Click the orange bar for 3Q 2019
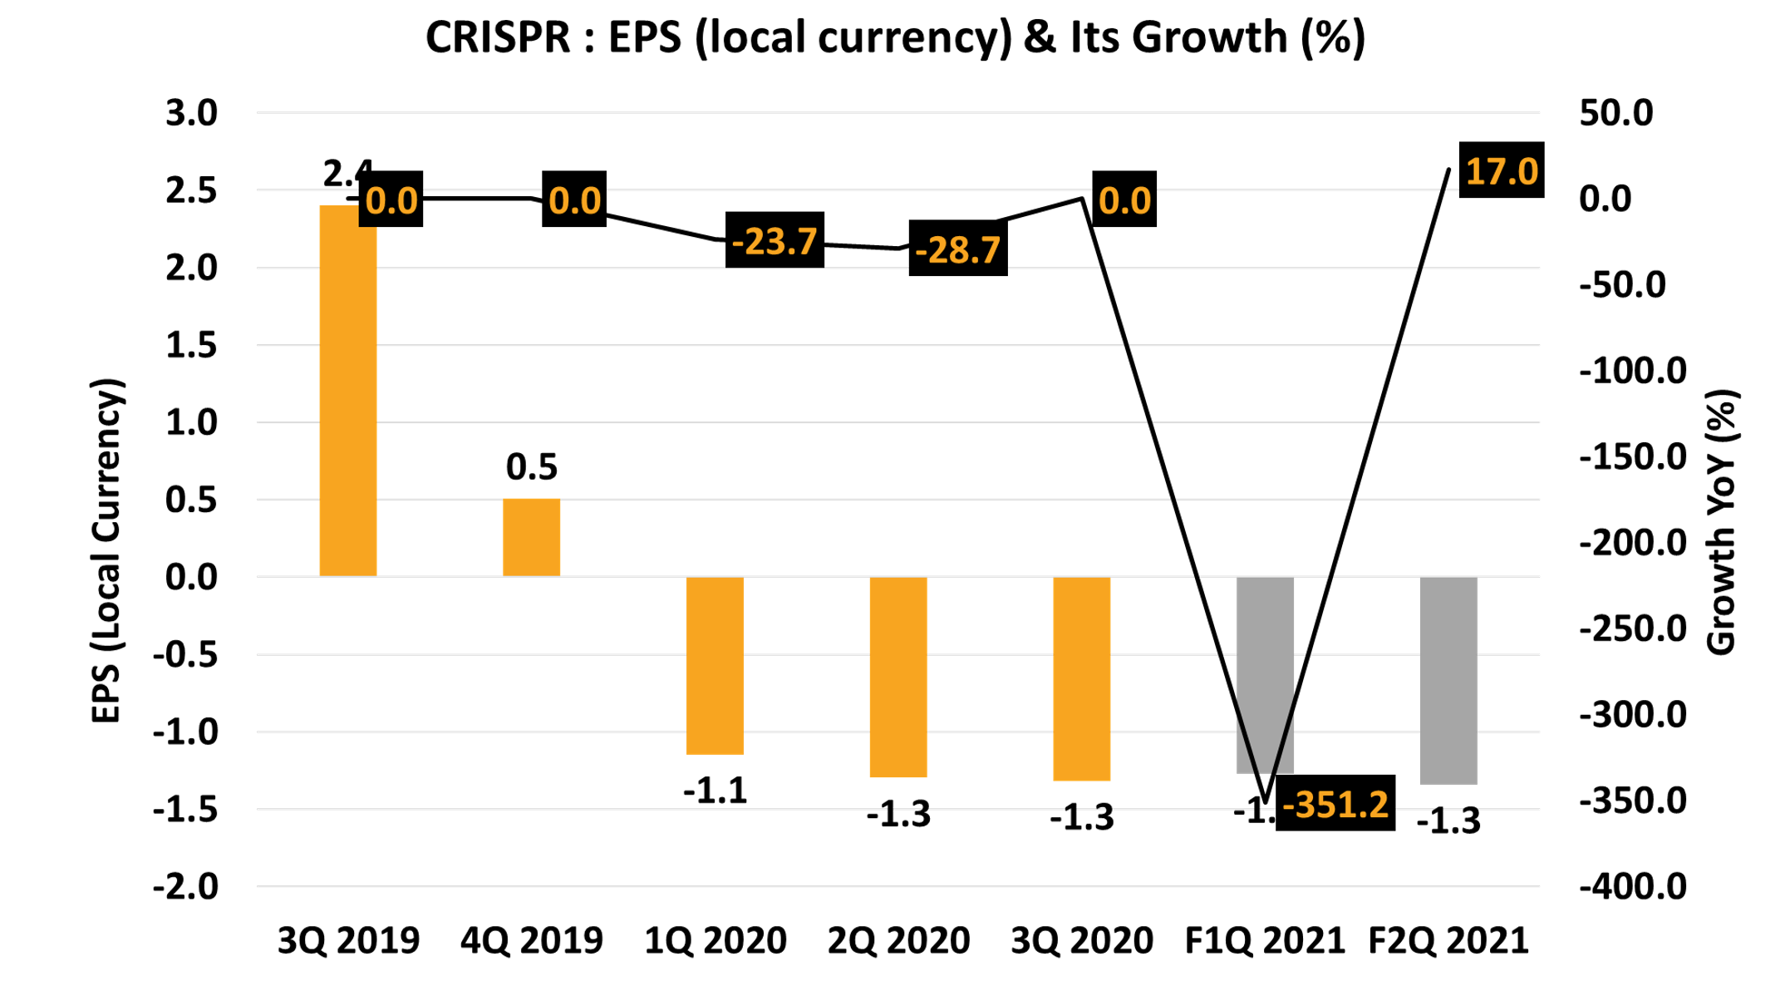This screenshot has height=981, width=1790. [348, 391]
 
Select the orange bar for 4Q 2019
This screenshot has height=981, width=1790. [531, 537]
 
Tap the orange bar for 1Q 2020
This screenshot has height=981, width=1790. [715, 665]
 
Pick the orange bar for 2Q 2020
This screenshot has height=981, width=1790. [898, 677]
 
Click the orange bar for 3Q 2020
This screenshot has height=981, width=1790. [1081, 678]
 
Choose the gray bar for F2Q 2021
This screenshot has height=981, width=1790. [1448, 680]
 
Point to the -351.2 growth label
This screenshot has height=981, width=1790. [1335, 804]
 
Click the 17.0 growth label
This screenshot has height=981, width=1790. [1502, 171]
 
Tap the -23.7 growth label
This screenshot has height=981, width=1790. [775, 241]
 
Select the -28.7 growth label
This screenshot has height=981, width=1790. [958, 249]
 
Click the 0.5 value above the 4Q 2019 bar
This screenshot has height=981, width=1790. [532, 467]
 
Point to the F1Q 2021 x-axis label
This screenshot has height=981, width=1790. [1265, 941]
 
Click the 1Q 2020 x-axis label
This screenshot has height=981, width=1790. [716, 941]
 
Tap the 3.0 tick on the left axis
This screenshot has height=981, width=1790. [191, 113]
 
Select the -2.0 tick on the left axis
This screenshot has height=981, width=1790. [185, 886]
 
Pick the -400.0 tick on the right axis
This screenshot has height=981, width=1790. [1633, 886]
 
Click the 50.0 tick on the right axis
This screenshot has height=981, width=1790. [1615, 113]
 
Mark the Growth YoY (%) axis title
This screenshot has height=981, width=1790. [1722, 522]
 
